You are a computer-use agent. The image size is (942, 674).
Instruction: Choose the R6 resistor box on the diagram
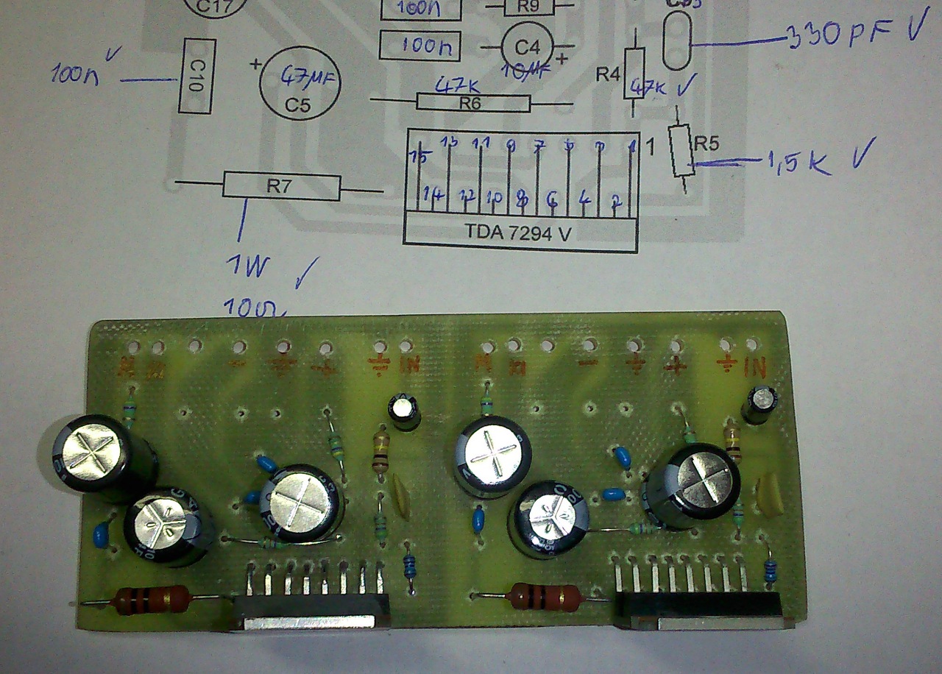coord(472,103)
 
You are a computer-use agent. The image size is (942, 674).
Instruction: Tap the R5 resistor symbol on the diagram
coord(681,152)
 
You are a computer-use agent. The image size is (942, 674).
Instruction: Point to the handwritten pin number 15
coord(420,157)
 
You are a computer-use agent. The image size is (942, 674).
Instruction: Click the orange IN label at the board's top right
coord(756,364)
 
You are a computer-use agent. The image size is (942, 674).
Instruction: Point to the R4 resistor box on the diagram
coord(634,73)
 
